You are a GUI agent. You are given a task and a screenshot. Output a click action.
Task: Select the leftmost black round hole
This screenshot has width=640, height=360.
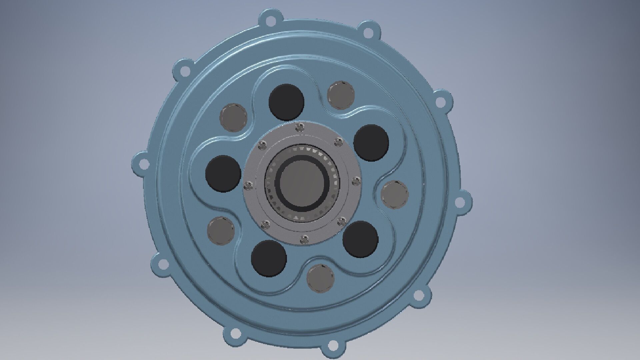223,173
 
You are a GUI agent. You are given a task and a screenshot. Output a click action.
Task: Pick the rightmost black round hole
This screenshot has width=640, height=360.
371,143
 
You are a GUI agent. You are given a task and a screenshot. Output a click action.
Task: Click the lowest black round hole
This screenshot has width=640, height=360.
269,258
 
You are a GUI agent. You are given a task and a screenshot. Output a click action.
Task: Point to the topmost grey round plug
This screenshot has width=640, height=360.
341,95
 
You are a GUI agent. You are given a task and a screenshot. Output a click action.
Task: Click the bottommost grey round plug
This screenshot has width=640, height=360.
320,278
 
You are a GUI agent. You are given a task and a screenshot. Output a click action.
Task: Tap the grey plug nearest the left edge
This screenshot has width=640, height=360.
221,230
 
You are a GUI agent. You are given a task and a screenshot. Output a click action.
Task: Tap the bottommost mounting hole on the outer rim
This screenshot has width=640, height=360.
332,345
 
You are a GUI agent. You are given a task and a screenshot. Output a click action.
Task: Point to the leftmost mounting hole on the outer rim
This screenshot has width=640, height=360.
144,164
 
